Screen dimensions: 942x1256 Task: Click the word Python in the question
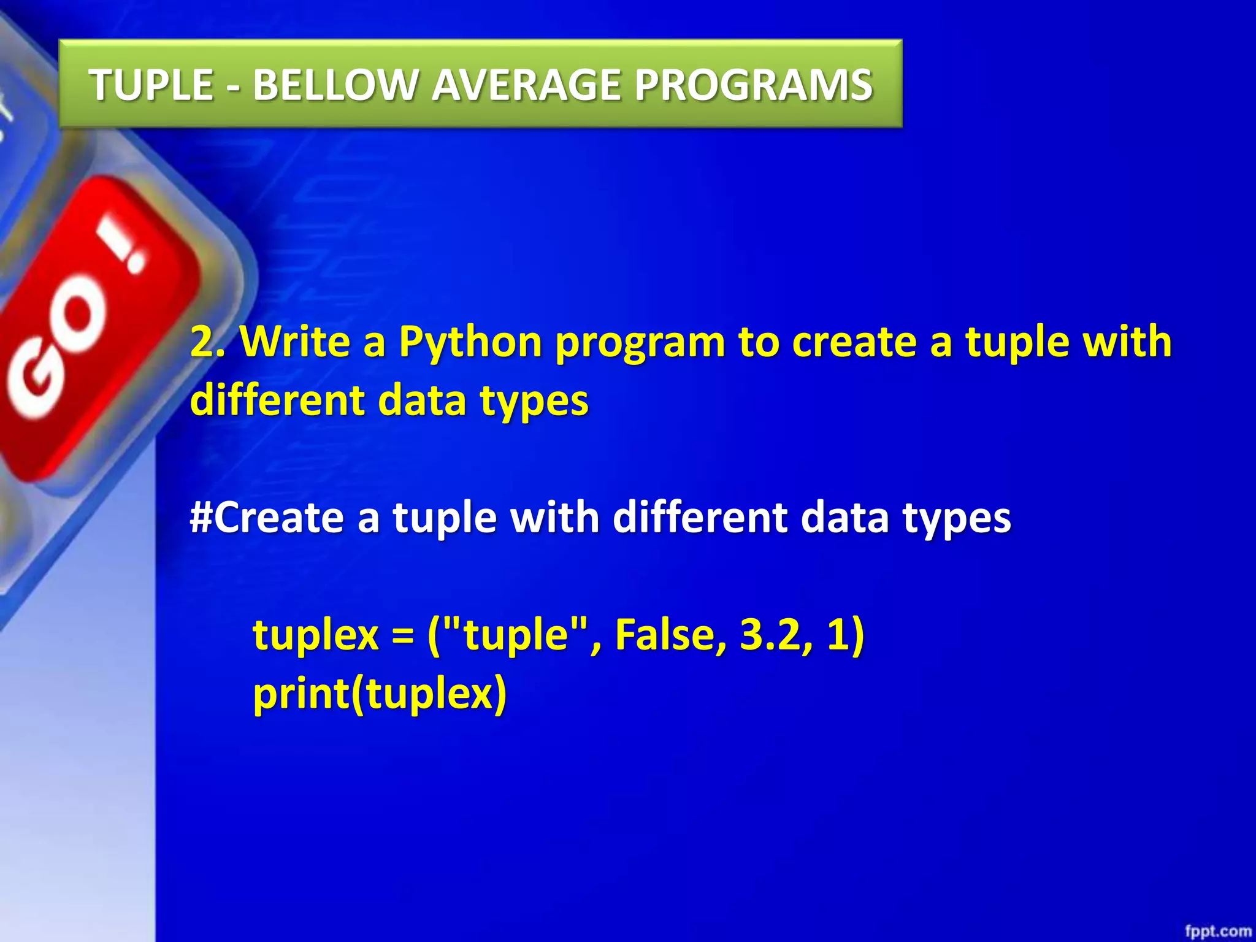click(470, 342)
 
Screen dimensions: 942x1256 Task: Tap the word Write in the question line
click(295, 342)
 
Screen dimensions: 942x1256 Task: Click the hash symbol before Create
click(201, 517)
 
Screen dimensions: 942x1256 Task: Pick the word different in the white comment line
click(700, 517)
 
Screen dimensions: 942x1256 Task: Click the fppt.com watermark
click(1217, 931)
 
